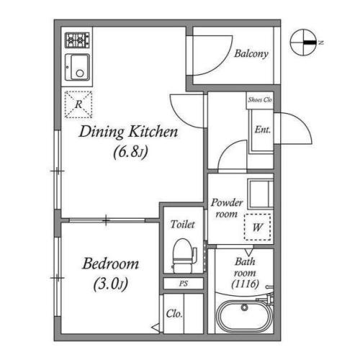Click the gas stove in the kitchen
click(77, 40)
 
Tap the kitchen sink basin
click(77, 67)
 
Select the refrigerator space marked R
click(78, 104)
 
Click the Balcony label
click(251, 54)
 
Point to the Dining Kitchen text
click(128, 132)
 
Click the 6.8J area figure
click(130, 152)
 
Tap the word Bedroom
click(110, 264)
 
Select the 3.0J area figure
click(110, 284)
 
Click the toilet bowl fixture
click(184, 256)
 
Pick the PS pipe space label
click(184, 284)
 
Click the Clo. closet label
click(174, 314)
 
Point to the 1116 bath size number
click(246, 284)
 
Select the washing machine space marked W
click(258, 227)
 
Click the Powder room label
click(227, 208)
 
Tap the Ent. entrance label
click(263, 130)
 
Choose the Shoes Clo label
click(260, 100)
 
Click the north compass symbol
click(304, 42)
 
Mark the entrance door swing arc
click(302, 122)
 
